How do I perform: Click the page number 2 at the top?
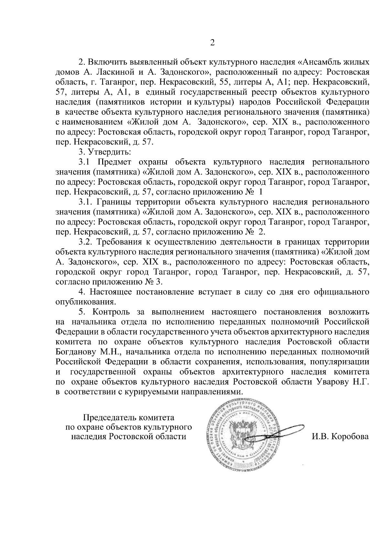click(212, 43)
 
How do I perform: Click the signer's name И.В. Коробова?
click(340, 436)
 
